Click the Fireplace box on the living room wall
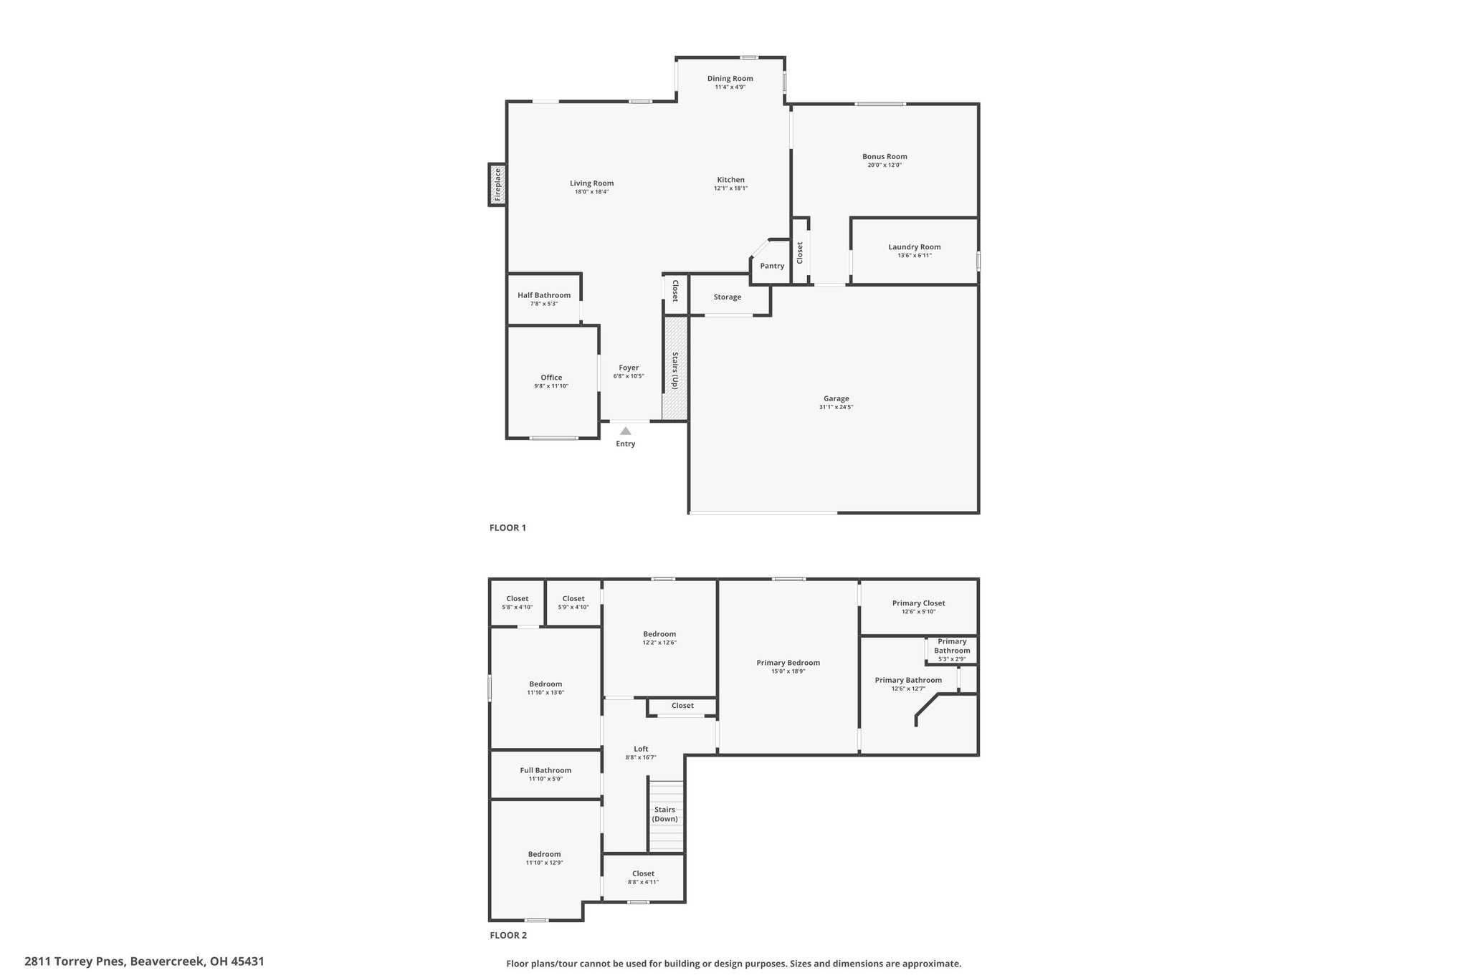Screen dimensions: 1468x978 497,185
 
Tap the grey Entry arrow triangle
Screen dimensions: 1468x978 626,431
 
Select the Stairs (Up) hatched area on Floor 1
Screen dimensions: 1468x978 675,368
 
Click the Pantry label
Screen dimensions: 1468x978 772,266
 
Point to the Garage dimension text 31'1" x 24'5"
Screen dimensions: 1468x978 836,407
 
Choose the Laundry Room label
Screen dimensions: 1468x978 915,247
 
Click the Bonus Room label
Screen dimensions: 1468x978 885,156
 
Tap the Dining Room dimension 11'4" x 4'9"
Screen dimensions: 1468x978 730,87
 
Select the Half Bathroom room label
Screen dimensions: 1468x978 544,295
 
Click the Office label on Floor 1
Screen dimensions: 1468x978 551,378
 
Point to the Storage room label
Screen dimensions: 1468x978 728,297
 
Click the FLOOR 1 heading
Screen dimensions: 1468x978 507,528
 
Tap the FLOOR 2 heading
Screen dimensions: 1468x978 508,935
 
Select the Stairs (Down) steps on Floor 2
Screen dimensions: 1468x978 667,816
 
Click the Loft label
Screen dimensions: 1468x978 641,749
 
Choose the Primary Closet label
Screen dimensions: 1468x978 918,603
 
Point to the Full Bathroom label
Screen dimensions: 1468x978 545,770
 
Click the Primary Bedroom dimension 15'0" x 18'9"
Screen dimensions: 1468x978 788,671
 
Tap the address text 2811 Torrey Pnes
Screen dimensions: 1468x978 75,962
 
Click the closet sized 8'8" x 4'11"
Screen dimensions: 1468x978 643,878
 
